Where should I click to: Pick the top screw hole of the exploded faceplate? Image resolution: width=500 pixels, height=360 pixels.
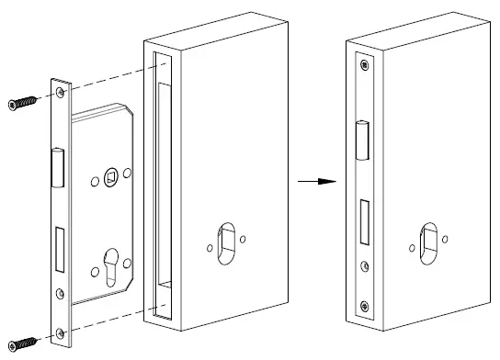pyautogui.click(x=61, y=93)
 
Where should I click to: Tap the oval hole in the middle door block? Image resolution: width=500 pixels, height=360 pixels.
pyautogui.click(x=227, y=243)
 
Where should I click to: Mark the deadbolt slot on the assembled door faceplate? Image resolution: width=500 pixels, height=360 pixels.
pyautogui.click(x=364, y=221)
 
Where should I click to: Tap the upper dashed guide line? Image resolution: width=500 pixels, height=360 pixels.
pyautogui.click(x=110, y=76)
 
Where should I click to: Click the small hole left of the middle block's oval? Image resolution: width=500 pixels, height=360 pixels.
pyautogui.click(x=210, y=246)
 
